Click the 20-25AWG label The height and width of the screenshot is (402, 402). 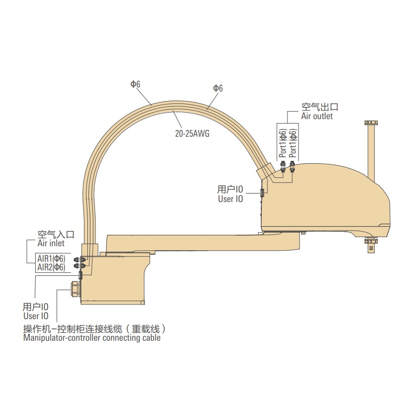tap(192, 134)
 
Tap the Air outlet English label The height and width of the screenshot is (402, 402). tap(317, 116)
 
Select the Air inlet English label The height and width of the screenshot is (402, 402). tap(51, 243)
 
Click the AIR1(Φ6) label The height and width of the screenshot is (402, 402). tap(51, 258)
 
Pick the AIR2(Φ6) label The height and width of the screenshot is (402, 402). tap(51, 267)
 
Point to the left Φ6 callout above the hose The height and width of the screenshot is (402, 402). tap(135, 84)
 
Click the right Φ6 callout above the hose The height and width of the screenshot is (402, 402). tap(218, 88)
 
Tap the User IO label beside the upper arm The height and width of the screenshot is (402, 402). tap(231, 199)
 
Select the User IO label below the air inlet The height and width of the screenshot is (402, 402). tap(36, 316)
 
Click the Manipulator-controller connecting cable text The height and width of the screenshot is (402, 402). tap(92, 338)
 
